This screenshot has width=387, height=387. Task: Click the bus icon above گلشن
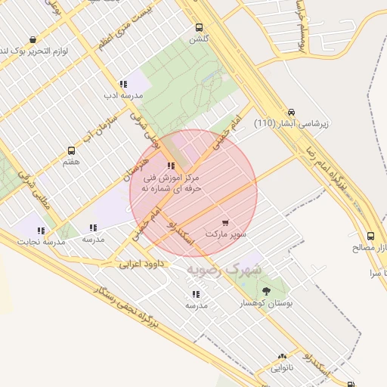coord(200,27)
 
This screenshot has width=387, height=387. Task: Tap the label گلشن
coord(199,39)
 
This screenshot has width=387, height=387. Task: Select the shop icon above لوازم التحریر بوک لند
coord(33,39)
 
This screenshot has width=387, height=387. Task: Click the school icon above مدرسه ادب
coord(122,85)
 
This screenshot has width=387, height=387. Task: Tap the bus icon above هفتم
coord(72,150)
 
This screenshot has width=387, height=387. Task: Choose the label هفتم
coord(72,162)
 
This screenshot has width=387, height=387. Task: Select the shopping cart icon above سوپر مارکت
coord(225,223)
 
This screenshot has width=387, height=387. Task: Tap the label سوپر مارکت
coord(229,234)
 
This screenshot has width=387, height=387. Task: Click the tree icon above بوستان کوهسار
coord(265,291)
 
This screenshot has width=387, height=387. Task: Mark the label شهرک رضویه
coord(225,269)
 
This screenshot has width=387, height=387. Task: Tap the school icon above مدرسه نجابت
coord(42,231)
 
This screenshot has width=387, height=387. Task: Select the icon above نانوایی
coord(282,357)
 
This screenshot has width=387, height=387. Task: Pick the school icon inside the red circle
coord(172,166)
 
